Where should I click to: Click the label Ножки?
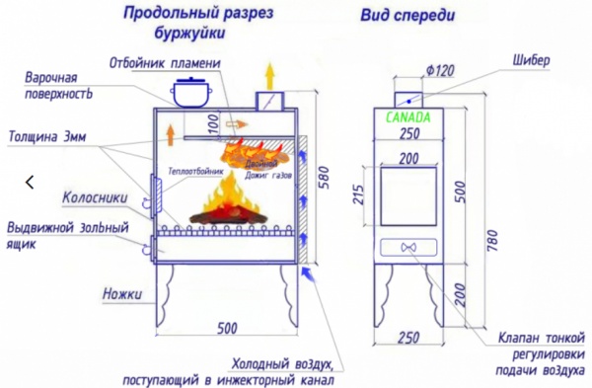tap(122, 294)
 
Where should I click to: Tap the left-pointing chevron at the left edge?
tap(30, 182)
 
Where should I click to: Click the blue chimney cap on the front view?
tap(407, 95)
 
